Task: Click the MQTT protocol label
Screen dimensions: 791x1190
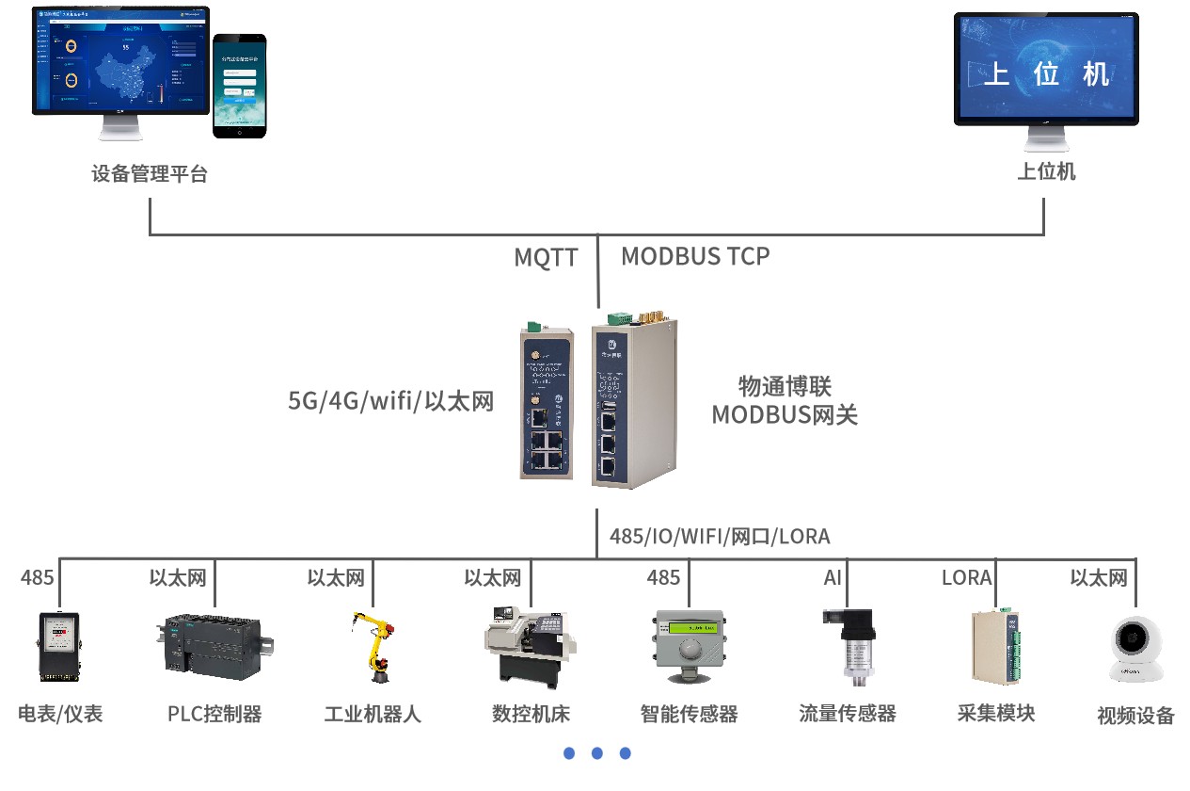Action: pyautogui.click(x=546, y=257)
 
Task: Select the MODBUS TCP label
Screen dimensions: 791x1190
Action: pyautogui.click(x=695, y=256)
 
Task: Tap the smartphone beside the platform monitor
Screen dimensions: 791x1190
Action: pyautogui.click(x=239, y=87)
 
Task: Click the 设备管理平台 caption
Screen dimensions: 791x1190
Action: pyautogui.click(x=150, y=174)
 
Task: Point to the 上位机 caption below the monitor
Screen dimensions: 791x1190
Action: pyautogui.click(x=1046, y=172)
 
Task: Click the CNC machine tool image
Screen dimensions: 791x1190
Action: pyautogui.click(x=529, y=646)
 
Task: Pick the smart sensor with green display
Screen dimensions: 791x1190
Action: pyautogui.click(x=689, y=645)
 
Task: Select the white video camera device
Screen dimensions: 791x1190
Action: pyautogui.click(x=1134, y=650)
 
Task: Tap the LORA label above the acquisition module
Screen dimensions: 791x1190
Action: pyautogui.click(x=966, y=577)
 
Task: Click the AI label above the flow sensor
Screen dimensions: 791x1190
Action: pyautogui.click(x=833, y=577)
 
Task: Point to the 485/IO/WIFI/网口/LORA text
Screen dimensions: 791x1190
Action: pyautogui.click(x=720, y=537)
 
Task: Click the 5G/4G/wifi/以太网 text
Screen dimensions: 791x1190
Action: pyautogui.click(x=391, y=401)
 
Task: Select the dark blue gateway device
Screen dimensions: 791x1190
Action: pyautogui.click(x=547, y=403)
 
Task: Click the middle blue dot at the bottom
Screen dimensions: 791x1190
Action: pyautogui.click(x=597, y=753)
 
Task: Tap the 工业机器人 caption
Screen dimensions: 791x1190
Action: pyautogui.click(x=373, y=714)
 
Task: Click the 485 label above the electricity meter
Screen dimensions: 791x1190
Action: pyautogui.click(x=38, y=577)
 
